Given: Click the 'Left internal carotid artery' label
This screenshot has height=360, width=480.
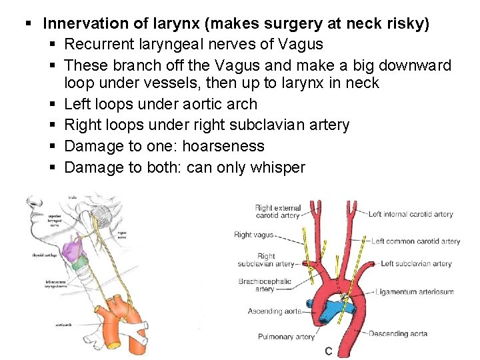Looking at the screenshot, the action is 411,214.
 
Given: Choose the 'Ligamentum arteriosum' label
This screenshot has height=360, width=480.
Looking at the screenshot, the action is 414,291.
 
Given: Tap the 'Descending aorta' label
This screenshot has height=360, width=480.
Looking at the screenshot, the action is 398,333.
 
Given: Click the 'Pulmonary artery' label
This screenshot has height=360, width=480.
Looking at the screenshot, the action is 286,337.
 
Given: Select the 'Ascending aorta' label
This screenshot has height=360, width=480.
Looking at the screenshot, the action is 274,311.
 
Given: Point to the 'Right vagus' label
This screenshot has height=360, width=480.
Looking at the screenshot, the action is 253,235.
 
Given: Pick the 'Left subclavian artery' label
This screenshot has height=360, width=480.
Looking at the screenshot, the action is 416,264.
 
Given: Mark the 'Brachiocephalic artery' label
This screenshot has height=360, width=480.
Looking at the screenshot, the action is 265,285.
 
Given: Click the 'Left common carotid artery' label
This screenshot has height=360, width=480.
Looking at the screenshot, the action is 415,241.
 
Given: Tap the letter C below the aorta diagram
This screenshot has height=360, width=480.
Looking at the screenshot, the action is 329,351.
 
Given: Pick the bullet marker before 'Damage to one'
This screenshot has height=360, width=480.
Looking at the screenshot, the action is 53,146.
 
